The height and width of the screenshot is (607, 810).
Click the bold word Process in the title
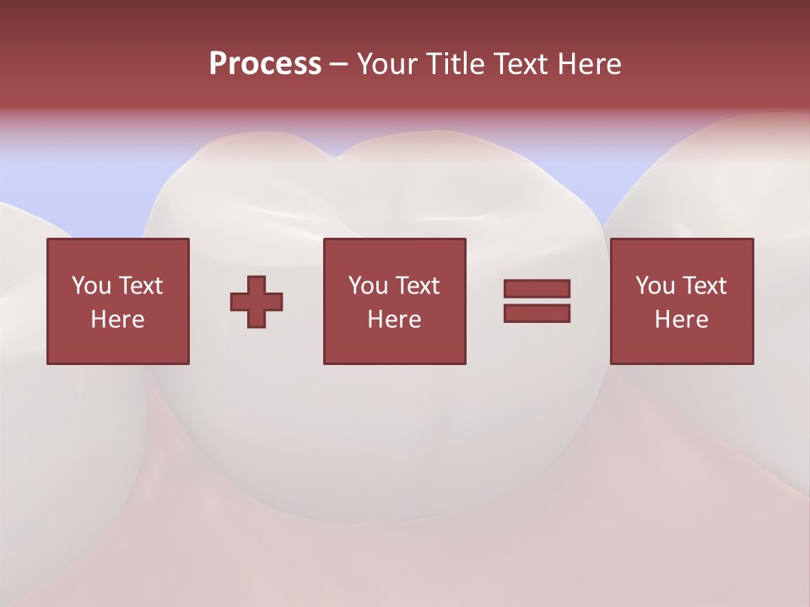pos(265,64)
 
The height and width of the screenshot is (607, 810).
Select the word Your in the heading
pos(386,64)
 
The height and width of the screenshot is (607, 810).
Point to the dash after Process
pos(338,65)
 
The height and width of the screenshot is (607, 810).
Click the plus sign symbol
pos(256,302)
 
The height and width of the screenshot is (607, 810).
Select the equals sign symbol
pos(537,301)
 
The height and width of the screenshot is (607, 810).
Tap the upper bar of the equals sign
pos(537,289)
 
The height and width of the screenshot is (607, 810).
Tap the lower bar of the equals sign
pos(537,314)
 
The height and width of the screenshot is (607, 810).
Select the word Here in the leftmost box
pos(118,320)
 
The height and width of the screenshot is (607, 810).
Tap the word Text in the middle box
pos(417,286)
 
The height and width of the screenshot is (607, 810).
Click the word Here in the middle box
pos(395,320)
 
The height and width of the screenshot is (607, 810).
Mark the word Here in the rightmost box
pos(682,320)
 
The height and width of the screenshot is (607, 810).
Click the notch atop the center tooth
pos(337,157)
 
